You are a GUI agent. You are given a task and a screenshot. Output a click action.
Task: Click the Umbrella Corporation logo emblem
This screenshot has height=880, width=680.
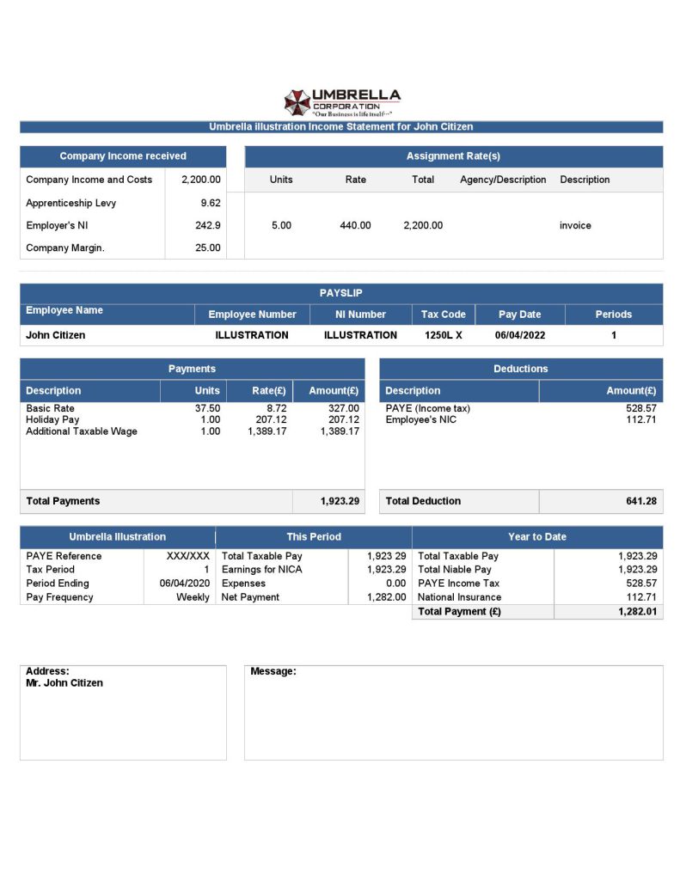click(297, 102)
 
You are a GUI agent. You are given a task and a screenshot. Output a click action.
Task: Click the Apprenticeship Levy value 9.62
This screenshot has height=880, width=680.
click(210, 203)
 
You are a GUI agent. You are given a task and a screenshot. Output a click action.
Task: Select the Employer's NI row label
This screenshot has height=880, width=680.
click(57, 225)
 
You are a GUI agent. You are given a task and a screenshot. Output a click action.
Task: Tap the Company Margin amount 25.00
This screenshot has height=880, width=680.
click(207, 248)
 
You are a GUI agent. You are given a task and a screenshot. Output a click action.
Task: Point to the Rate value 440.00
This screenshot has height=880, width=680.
click(355, 225)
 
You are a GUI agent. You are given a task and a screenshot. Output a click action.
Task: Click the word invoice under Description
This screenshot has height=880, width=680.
click(575, 225)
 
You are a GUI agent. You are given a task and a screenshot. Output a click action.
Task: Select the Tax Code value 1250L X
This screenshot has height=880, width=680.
click(443, 335)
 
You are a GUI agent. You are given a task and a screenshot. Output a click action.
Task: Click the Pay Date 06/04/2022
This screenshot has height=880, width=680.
click(519, 335)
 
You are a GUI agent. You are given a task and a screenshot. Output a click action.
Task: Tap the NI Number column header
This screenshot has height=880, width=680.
click(360, 315)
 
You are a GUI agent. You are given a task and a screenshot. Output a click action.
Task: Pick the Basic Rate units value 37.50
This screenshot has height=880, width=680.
click(208, 408)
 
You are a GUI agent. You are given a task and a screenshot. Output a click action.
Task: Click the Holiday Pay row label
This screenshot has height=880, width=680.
click(52, 419)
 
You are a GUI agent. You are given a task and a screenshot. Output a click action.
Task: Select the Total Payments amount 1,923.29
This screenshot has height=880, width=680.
click(340, 501)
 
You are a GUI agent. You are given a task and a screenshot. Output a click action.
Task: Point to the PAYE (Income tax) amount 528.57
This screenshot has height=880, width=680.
click(641, 408)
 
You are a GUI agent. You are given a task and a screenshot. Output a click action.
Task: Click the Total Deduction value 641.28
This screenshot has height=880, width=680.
click(640, 501)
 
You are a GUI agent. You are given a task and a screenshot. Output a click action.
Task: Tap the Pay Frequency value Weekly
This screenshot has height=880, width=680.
click(193, 597)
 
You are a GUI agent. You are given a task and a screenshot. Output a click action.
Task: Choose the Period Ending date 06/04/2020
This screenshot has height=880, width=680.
click(184, 584)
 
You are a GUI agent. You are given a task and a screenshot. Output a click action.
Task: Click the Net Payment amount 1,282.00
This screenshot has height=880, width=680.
click(386, 597)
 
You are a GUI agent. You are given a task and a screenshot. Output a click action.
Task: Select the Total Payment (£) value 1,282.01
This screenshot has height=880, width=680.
click(637, 612)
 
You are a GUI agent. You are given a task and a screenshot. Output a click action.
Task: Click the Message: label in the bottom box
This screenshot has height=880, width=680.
click(273, 671)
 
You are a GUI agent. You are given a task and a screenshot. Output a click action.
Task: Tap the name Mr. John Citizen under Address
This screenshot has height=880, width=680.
click(64, 683)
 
